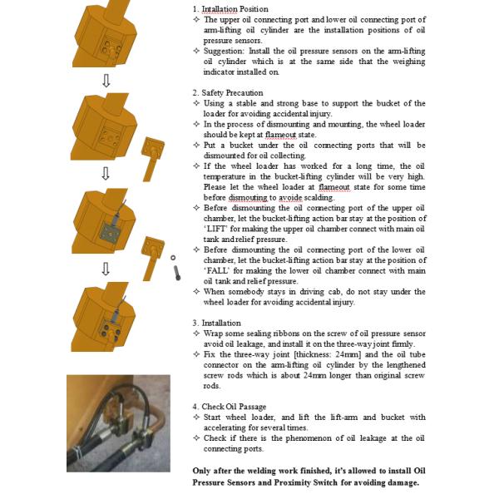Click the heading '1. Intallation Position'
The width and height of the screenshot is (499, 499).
[x=230, y=9]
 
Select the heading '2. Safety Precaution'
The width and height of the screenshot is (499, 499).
[x=228, y=93]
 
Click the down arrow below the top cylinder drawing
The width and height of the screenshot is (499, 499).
[x=105, y=81]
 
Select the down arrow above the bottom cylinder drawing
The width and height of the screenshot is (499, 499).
[x=105, y=268]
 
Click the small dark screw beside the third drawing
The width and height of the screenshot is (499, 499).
[x=177, y=274]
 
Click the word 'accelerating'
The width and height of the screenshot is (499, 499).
[x=230, y=427]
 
